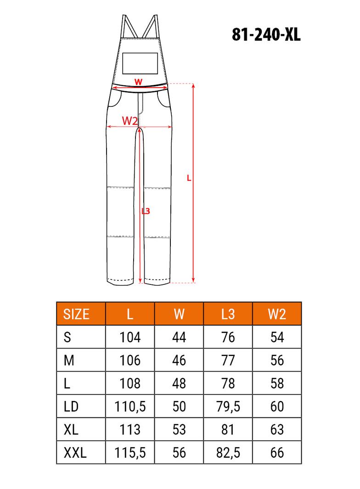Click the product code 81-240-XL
(266, 34)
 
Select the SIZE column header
(76, 314)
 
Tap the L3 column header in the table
(228, 314)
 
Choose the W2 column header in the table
(277, 314)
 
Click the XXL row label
(75, 452)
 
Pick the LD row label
(71, 406)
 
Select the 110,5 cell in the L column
(130, 407)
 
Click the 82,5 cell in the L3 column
(228, 453)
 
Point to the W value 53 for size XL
(179, 429)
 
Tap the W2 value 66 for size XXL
(277, 452)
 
